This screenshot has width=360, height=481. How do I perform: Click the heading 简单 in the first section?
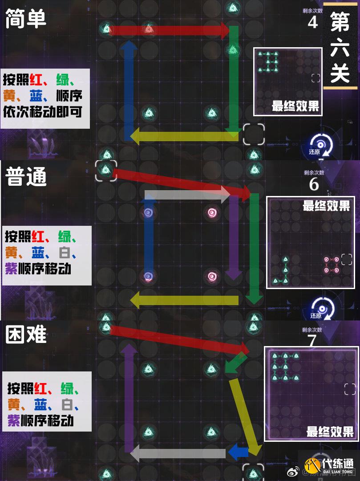click(x=26, y=19)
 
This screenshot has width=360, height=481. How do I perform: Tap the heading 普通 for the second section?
click(x=26, y=177)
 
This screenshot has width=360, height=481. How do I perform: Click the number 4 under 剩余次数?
click(x=313, y=22)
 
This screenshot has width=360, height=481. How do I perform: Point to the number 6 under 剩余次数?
click(x=314, y=184)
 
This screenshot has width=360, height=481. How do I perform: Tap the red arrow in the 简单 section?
click(x=169, y=30)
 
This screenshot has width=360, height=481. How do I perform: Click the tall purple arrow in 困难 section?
click(x=129, y=396)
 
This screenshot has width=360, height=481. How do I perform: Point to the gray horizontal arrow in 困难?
click(x=178, y=453)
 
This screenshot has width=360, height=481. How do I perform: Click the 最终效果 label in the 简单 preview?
click(x=295, y=106)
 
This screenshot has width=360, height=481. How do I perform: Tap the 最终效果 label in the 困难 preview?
click(x=330, y=431)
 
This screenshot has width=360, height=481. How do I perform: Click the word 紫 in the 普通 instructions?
click(x=13, y=269)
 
